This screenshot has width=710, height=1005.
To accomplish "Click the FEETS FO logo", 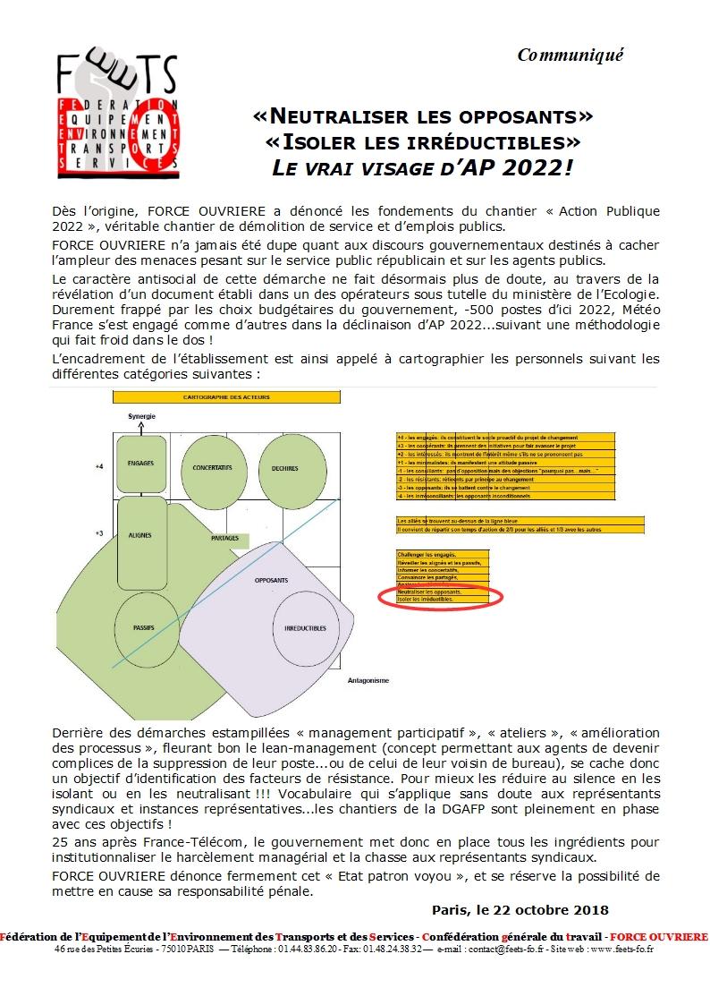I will pyautogui.click(x=113, y=112).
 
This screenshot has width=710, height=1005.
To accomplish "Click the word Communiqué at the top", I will pyautogui.click(x=570, y=55).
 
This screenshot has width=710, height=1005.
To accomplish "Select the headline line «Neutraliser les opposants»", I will pyautogui.click(x=424, y=116).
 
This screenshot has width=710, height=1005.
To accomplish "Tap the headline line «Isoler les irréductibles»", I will pyautogui.click(x=423, y=141).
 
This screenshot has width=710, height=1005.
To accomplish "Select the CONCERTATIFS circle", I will pyautogui.click(x=213, y=469).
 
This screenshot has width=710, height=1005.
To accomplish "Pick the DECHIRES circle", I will pyautogui.click(x=291, y=469).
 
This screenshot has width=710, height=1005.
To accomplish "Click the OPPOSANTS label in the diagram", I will pyautogui.click(x=271, y=581).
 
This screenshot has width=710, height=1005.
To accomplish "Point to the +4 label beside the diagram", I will pyautogui.click(x=99, y=467).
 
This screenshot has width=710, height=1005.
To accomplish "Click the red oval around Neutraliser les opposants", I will pyautogui.click(x=440, y=595).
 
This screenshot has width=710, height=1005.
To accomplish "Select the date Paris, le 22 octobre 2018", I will pyautogui.click(x=520, y=909).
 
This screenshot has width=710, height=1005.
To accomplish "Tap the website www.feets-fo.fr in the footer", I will pyautogui.click(x=613, y=949).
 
